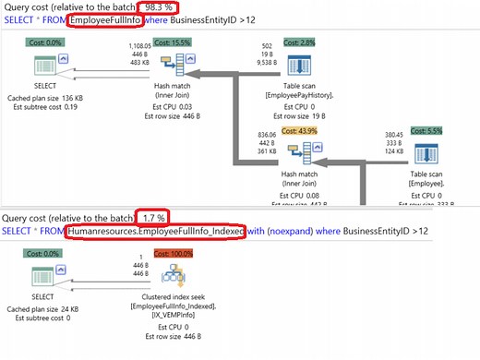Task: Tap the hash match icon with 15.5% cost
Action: pos(169,66)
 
